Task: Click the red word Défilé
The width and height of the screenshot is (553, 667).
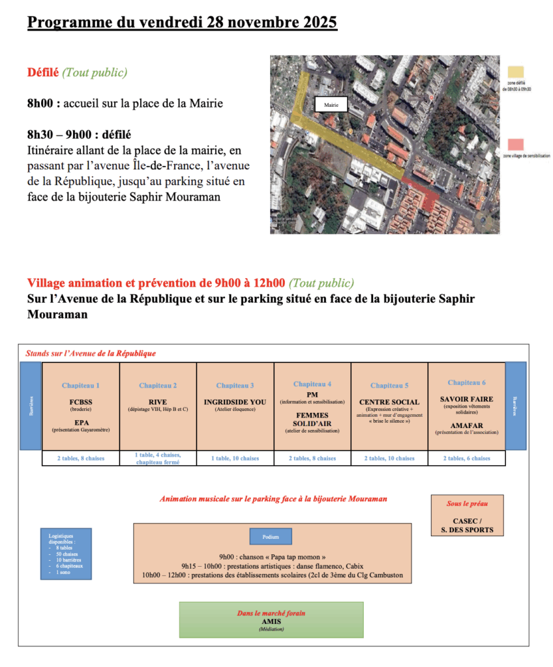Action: click(x=42, y=72)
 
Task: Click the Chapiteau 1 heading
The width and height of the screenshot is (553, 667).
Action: click(x=81, y=386)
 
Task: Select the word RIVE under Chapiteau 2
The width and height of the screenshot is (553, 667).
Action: click(x=158, y=402)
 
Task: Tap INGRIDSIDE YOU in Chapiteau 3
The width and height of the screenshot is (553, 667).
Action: click(x=235, y=402)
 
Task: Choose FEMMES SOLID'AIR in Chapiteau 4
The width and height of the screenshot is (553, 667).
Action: click(x=312, y=420)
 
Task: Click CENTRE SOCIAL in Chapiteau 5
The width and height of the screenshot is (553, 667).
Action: click(x=389, y=402)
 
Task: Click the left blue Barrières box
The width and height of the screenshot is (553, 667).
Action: click(x=30, y=405)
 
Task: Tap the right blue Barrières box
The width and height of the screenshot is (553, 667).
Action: click(x=516, y=405)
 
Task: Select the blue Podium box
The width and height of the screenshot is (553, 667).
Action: click(x=271, y=537)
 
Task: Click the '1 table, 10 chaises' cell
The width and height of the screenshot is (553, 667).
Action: click(x=235, y=459)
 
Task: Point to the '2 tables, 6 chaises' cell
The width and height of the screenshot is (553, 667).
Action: click(x=466, y=459)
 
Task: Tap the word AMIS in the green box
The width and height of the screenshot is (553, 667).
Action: click(x=271, y=621)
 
